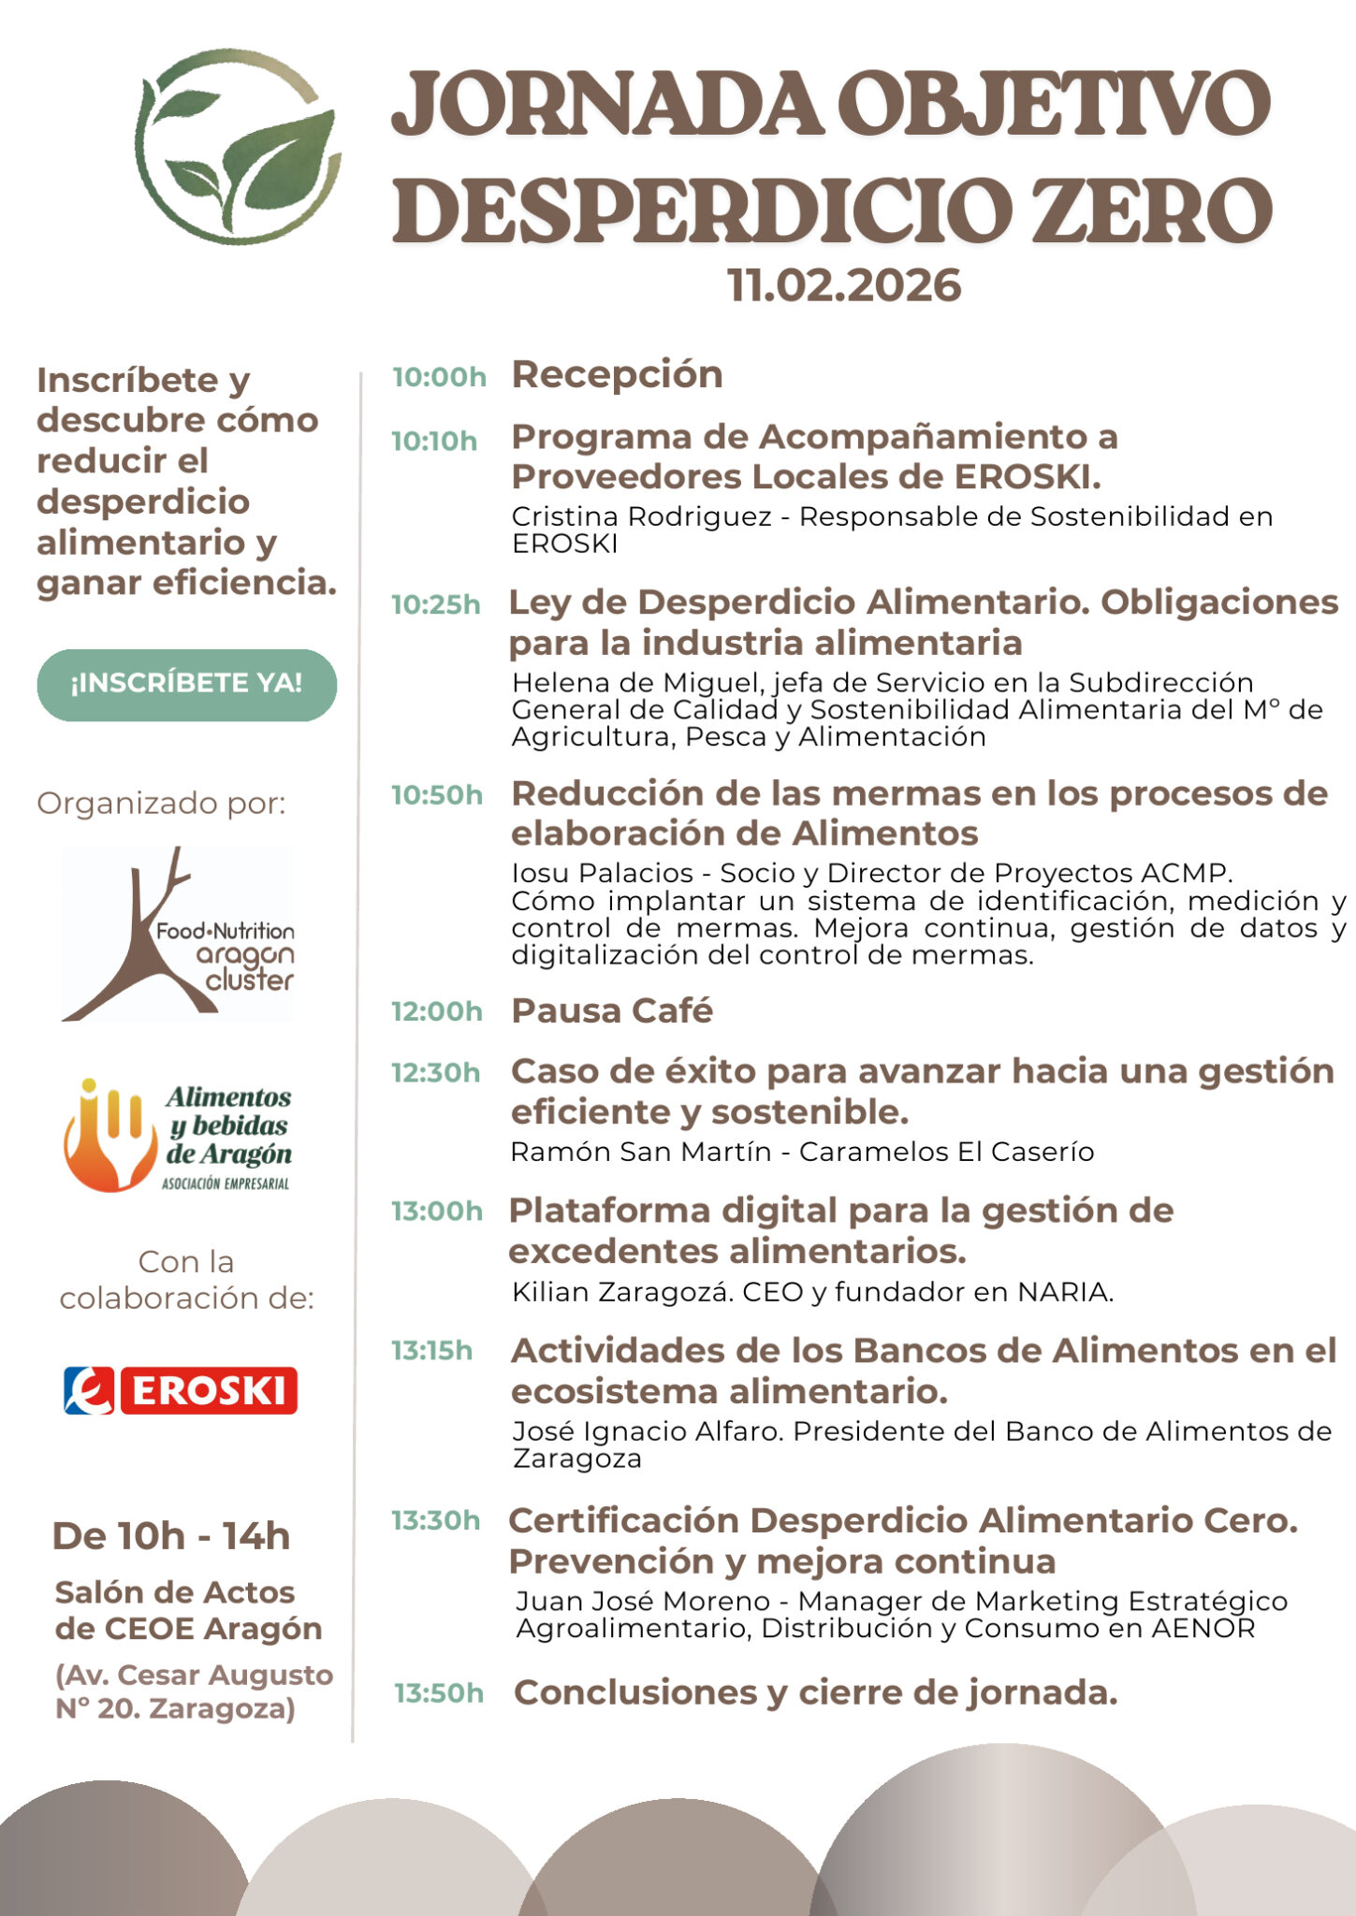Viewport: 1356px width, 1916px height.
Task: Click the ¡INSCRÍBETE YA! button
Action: (x=186, y=684)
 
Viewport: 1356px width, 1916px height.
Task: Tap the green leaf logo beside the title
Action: (x=240, y=148)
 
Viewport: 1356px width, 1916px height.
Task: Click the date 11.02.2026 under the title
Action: (x=844, y=286)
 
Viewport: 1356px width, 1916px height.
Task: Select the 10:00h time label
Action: (x=439, y=377)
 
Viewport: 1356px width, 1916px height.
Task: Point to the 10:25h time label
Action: (x=435, y=605)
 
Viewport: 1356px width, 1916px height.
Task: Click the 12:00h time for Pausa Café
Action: (x=436, y=1011)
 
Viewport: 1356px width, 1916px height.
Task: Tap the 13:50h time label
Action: (x=438, y=1693)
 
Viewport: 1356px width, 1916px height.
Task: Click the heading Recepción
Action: (x=617, y=375)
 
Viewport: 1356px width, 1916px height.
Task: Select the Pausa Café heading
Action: (x=612, y=1011)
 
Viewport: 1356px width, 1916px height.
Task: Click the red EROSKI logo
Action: (x=181, y=1390)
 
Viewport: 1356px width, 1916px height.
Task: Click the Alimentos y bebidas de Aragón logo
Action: (x=178, y=1136)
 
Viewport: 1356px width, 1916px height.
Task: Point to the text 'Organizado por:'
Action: (x=161, y=804)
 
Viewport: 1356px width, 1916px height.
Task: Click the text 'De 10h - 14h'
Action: (x=171, y=1537)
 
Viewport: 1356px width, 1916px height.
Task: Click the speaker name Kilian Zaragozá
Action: (x=620, y=1292)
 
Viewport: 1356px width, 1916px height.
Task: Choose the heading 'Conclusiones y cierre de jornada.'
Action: (x=815, y=1692)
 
